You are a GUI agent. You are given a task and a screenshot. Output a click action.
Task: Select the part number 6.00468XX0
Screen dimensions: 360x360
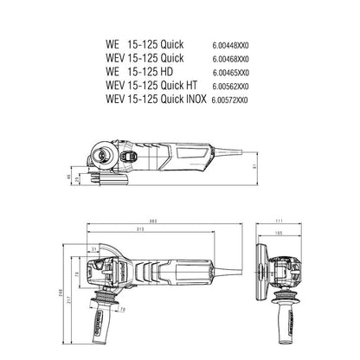[x=243, y=57]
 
